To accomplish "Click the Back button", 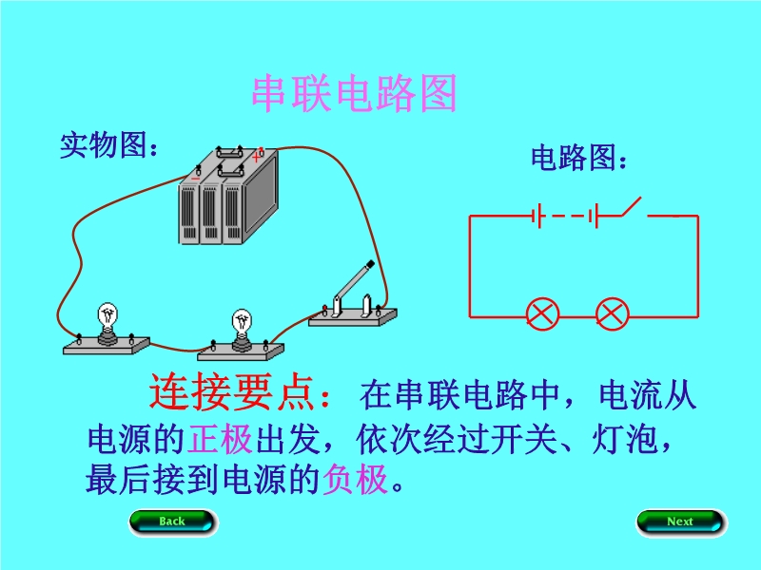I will [172, 522].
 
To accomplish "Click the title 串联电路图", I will [354, 94].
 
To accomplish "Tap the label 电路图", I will [578, 158].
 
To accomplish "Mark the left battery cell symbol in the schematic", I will [537, 216].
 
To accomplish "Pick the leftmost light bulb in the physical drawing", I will [108, 320].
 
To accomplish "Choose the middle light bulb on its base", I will [242, 327].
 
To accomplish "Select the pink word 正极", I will [221, 438].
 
